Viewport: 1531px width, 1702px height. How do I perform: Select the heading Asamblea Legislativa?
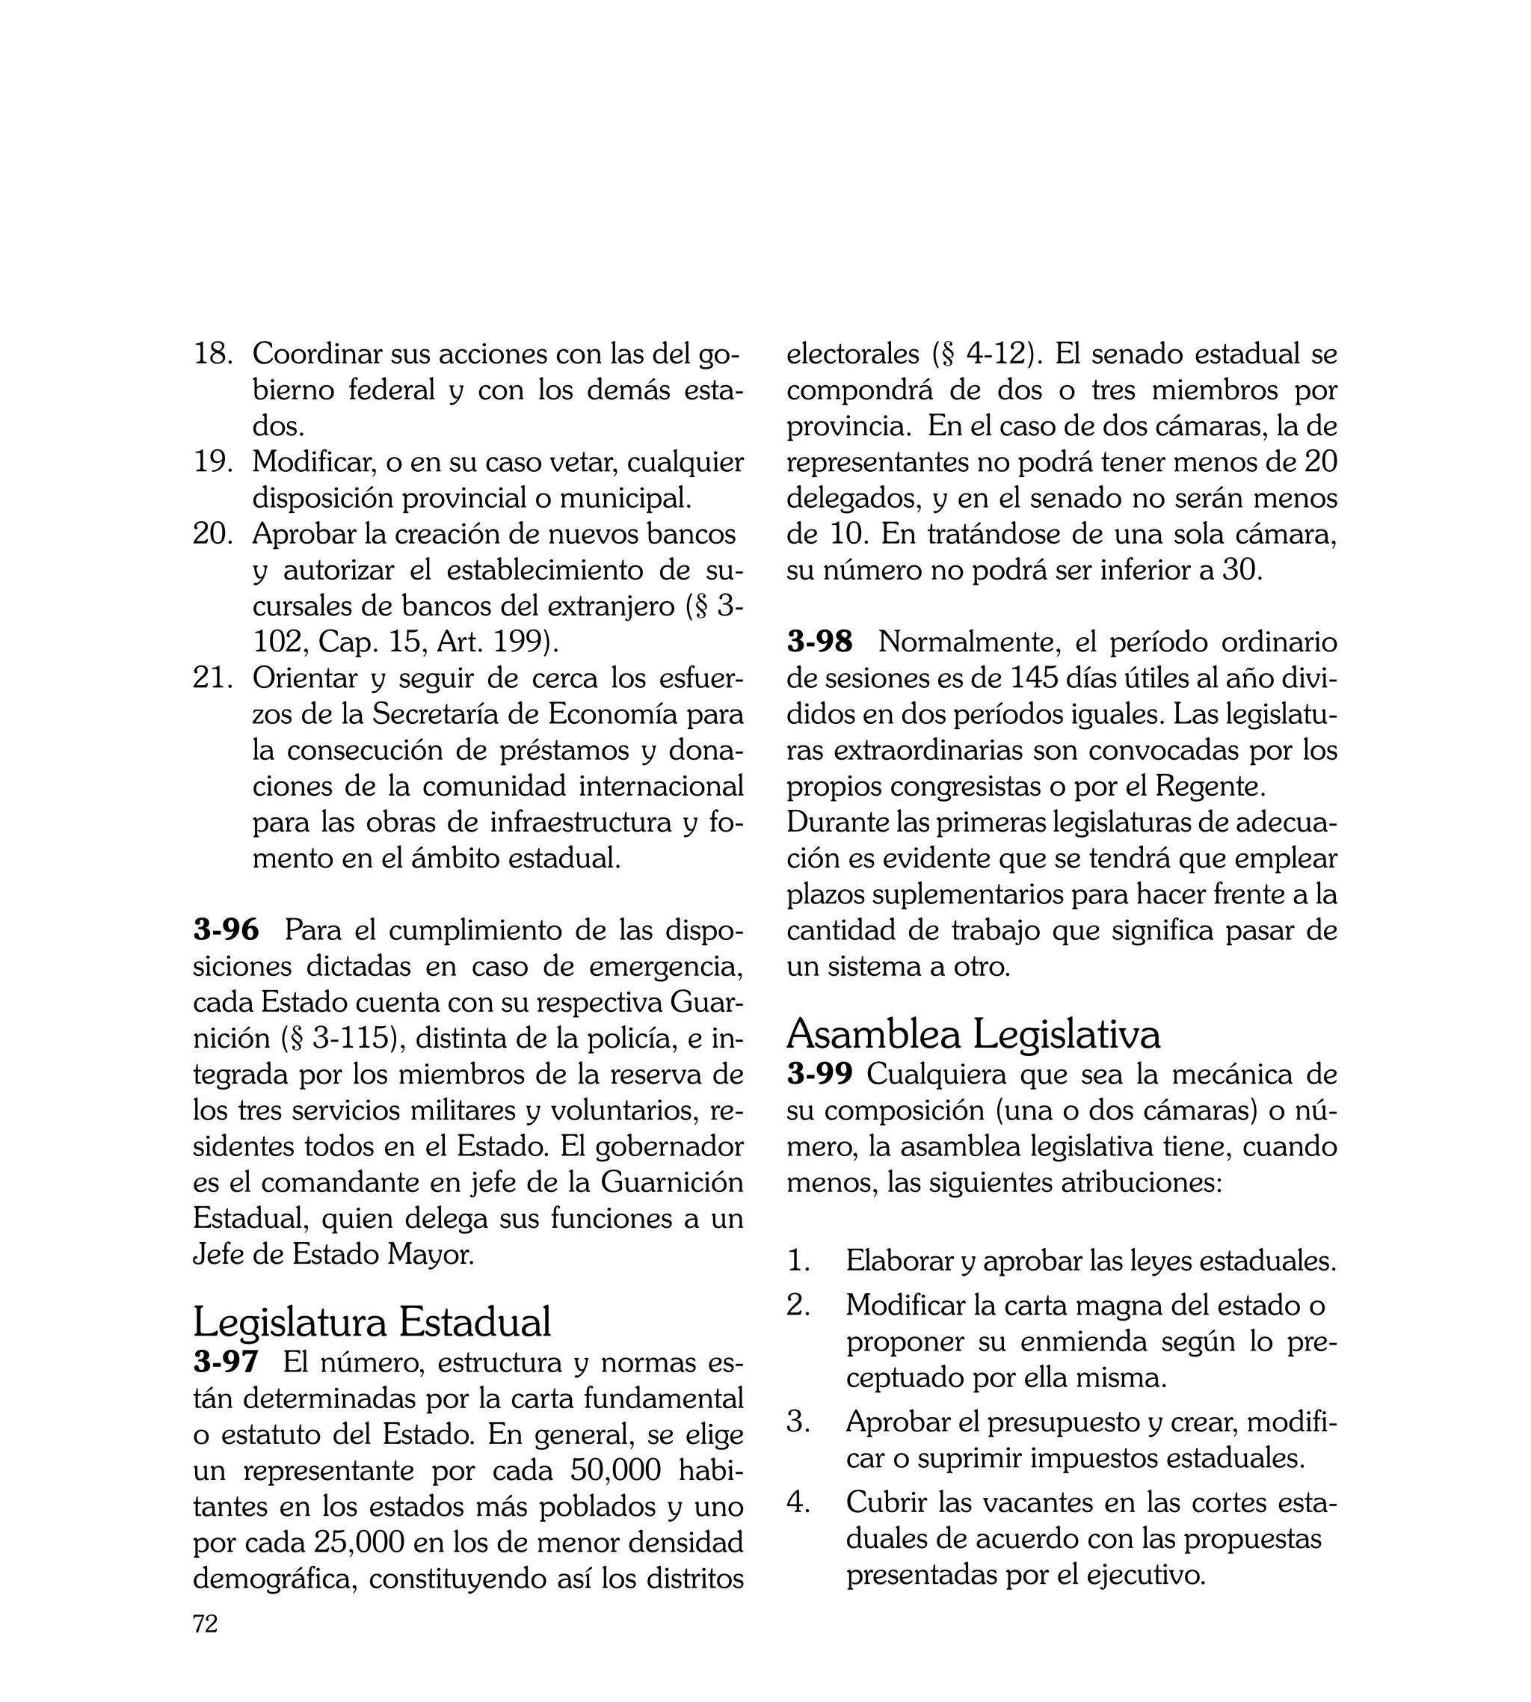coord(973,1033)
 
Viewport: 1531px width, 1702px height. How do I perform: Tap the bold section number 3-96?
coord(226,930)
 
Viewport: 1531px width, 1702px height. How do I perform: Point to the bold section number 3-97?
coord(226,1360)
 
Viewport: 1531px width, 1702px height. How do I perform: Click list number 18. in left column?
coord(212,354)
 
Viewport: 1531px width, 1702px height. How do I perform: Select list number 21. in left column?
coord(212,678)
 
